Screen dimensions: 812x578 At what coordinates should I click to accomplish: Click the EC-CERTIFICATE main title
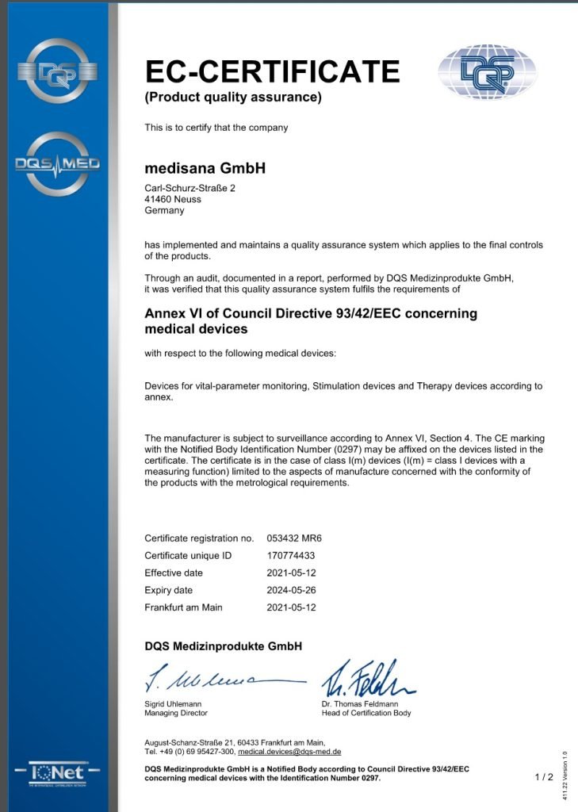(272, 71)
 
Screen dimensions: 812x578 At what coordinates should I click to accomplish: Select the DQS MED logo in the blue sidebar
(58, 163)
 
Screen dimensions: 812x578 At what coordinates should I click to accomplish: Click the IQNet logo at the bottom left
(58, 772)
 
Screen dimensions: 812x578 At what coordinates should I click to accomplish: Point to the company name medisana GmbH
(205, 168)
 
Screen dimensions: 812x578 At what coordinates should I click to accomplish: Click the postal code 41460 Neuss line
(173, 199)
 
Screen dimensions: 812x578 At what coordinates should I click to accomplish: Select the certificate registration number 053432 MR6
(294, 538)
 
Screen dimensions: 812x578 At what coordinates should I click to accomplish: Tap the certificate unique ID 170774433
(291, 555)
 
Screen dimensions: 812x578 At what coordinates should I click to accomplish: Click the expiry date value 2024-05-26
(291, 590)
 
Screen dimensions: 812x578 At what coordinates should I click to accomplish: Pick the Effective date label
(174, 573)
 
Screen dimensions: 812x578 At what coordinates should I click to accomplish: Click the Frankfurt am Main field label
(183, 607)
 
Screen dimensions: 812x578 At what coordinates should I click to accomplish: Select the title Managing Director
(176, 713)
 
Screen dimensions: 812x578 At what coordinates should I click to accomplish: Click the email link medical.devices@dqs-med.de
(289, 751)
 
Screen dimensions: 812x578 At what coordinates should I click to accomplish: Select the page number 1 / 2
(544, 777)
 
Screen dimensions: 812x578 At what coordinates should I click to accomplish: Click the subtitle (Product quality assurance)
(233, 98)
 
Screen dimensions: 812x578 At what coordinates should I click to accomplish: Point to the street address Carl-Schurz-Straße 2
(189, 188)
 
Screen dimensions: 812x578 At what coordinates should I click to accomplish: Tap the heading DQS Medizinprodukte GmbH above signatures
(223, 646)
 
